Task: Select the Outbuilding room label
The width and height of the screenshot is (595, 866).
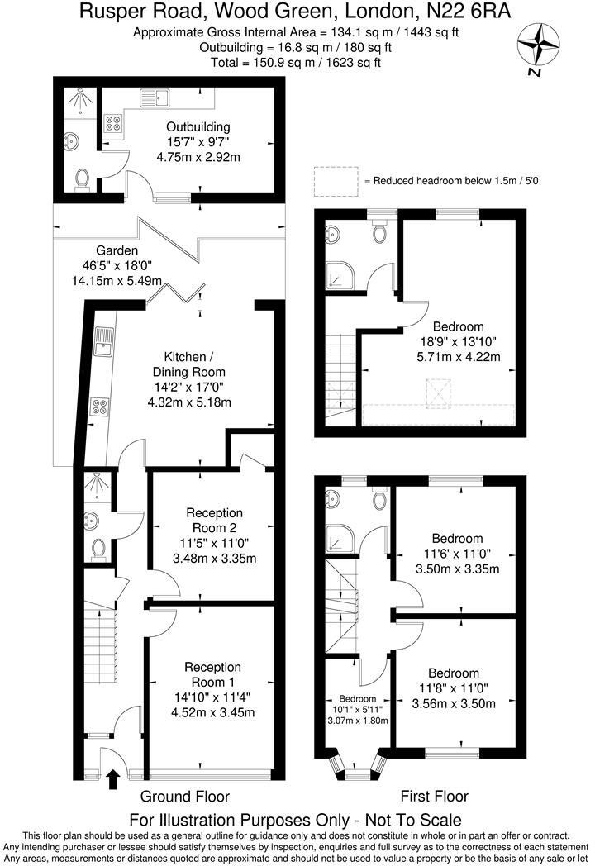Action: click(198, 126)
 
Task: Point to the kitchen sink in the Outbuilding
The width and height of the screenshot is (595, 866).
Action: click(155, 98)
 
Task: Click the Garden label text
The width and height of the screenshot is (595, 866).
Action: click(117, 250)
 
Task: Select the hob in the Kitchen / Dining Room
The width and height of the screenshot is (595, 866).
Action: click(100, 407)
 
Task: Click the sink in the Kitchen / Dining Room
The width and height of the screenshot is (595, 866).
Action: click(103, 343)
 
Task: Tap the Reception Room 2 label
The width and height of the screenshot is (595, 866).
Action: click(214, 521)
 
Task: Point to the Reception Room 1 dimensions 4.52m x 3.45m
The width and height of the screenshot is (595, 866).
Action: click(213, 712)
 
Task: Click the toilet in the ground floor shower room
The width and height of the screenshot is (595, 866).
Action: click(98, 550)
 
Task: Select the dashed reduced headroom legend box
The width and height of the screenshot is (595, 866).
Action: click(336, 181)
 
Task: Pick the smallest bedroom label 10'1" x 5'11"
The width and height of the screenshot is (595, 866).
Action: click(358, 709)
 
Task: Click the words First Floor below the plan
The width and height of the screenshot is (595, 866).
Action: click(434, 796)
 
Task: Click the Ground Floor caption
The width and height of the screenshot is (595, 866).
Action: click(184, 796)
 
